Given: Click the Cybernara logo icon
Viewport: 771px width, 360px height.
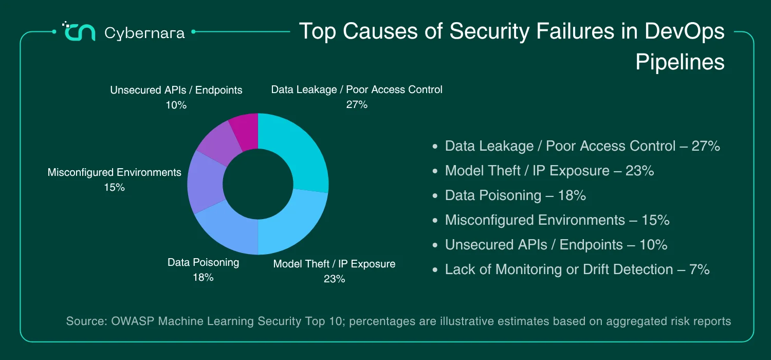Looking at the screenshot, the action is pyautogui.click(x=79, y=32).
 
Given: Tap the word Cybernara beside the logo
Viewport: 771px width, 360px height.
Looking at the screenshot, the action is pyautogui.click(x=144, y=33).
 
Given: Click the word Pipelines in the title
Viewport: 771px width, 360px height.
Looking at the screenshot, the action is pyautogui.click(x=680, y=62).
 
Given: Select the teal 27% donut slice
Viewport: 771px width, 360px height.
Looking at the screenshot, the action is pyautogui.click(x=300, y=152).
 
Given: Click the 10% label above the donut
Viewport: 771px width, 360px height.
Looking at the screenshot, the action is pyautogui.click(x=176, y=105).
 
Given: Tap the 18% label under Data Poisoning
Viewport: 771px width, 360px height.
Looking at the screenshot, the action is pyautogui.click(x=203, y=277).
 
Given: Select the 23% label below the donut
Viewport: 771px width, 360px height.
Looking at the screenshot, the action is pyautogui.click(x=334, y=279).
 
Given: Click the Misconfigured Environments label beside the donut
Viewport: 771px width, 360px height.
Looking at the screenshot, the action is pyautogui.click(x=114, y=172).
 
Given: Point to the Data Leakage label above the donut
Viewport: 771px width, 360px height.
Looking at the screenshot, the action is pyautogui.click(x=357, y=89).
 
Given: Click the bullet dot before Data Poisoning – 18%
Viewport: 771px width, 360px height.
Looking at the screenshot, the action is pyautogui.click(x=435, y=195).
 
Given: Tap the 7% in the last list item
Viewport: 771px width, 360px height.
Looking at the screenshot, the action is pyautogui.click(x=700, y=269).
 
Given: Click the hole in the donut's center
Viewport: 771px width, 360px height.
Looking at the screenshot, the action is pyautogui.click(x=258, y=184).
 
